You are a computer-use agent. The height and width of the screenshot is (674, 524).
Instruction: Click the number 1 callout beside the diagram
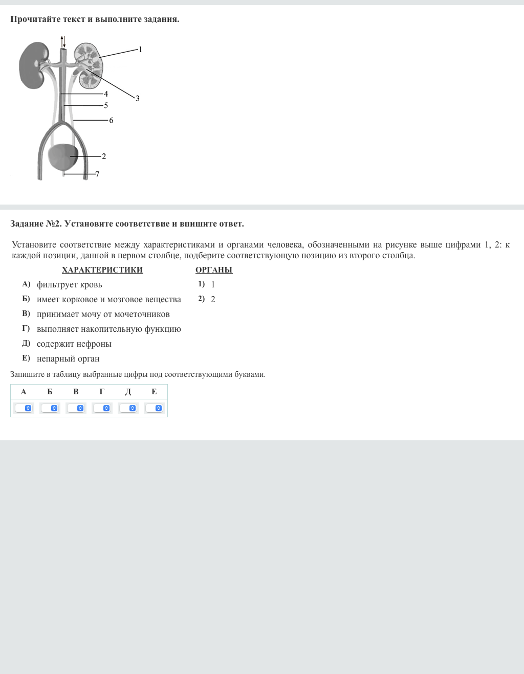point(141,50)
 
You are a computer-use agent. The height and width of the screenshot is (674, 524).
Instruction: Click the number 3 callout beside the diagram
point(137,98)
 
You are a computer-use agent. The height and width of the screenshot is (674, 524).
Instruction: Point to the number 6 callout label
point(111,121)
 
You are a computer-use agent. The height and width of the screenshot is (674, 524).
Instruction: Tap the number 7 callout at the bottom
point(97,174)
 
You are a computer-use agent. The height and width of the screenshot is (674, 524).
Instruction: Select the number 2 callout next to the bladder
point(104,156)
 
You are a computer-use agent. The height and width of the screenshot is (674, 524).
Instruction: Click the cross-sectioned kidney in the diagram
point(89,65)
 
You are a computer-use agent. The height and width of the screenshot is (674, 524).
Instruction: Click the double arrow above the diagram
point(63,41)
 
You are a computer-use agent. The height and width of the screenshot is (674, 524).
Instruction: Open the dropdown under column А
point(24,408)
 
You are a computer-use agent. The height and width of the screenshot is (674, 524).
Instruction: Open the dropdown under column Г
point(102,408)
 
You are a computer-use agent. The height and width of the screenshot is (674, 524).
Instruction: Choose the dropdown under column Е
point(154,408)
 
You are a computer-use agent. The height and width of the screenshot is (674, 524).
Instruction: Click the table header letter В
point(76,392)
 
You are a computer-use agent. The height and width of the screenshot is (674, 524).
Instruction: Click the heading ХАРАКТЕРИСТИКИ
point(102,270)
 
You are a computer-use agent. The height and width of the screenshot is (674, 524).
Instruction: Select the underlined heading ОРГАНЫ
point(214,270)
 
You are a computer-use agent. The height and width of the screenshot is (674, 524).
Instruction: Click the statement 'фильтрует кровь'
point(69,285)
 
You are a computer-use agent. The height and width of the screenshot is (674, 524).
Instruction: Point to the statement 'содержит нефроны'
point(74,344)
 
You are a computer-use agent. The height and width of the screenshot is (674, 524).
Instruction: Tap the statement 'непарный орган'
point(68,359)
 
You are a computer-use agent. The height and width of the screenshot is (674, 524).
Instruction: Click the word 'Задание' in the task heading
point(27,224)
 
